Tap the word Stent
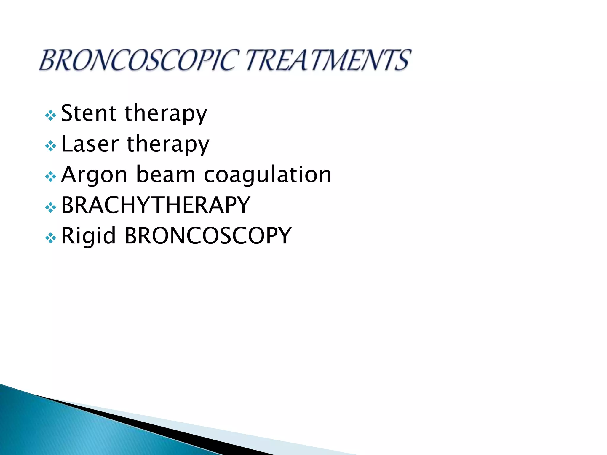click(88, 113)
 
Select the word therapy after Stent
click(166, 114)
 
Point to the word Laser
click(90, 144)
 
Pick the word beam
click(165, 174)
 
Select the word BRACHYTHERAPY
click(156, 205)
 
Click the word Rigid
click(88, 236)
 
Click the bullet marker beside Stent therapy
click(51, 115)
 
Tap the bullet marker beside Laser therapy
click(51, 146)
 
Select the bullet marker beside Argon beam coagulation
click(51, 177)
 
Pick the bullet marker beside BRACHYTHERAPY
click(51, 207)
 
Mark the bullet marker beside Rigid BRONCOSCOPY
click(51, 238)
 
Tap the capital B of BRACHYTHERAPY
click(68, 205)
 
